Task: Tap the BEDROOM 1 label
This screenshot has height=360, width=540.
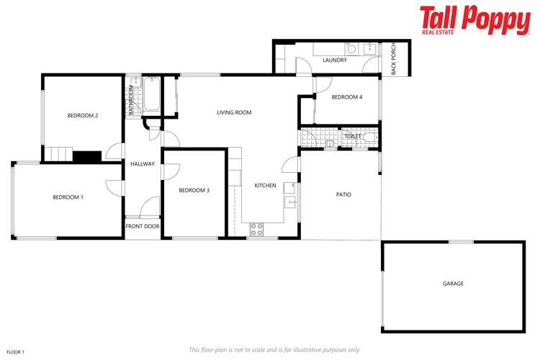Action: (68, 197)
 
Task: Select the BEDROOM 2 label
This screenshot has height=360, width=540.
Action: (83, 115)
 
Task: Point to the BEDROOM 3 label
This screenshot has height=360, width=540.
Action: (194, 190)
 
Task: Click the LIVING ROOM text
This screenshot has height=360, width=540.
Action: (235, 112)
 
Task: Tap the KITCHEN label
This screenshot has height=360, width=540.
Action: (265, 186)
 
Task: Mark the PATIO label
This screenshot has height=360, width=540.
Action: (343, 194)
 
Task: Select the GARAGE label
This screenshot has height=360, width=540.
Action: (453, 284)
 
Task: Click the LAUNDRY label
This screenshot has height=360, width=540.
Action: (336, 60)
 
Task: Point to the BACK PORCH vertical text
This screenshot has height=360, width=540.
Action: (394, 60)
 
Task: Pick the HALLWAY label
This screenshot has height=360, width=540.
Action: (143, 164)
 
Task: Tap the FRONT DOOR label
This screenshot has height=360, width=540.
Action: (143, 226)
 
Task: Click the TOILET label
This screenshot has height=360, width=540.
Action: (353, 136)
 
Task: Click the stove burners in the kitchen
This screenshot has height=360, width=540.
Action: (256, 229)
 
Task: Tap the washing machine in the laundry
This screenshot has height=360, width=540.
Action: (352, 50)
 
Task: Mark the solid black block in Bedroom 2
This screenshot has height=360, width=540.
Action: (87, 156)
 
